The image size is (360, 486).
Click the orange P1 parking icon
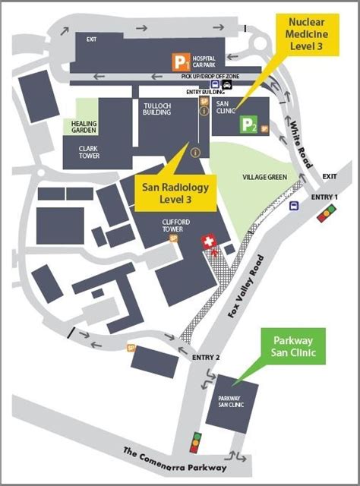point(179,61)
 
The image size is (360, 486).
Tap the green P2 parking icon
point(249,125)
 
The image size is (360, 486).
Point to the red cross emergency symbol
point(207,241)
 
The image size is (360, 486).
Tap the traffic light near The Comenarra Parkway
point(196,442)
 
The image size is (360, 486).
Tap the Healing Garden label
point(84,125)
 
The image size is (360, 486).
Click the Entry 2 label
point(207,357)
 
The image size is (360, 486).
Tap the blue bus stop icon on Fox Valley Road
point(294,204)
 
